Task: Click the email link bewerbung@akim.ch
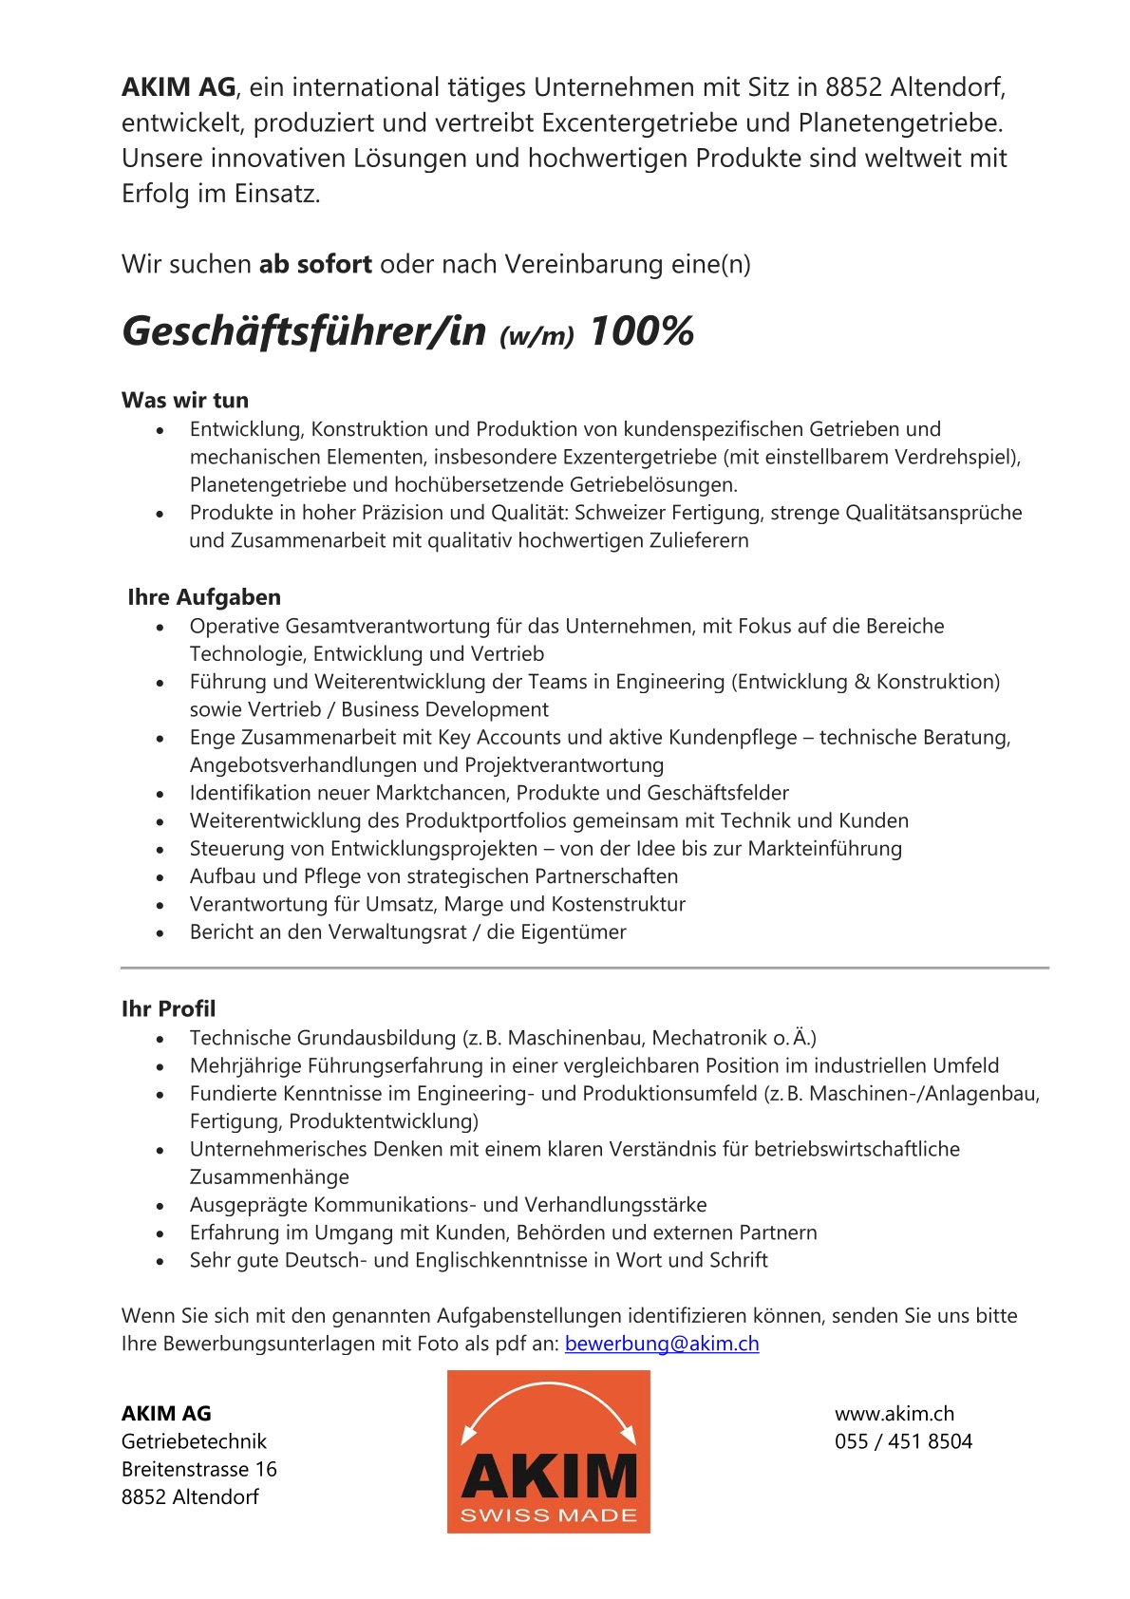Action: click(x=662, y=1344)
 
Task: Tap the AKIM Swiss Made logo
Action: click(x=549, y=1451)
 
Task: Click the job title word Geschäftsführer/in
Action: click(x=304, y=331)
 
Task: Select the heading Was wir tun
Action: click(x=185, y=400)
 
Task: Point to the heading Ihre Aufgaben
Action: click(x=204, y=597)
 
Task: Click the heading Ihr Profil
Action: click(x=168, y=1008)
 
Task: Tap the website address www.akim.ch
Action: click(x=895, y=1414)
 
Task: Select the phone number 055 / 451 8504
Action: click(x=903, y=1441)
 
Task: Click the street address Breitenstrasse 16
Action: click(x=199, y=1469)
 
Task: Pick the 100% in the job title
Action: click(x=642, y=331)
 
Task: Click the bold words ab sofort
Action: click(x=315, y=264)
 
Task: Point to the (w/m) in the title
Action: click(x=537, y=335)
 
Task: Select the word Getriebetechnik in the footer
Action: click(x=194, y=1441)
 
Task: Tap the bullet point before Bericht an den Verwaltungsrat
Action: click(x=160, y=933)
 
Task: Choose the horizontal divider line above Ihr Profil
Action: click(x=584, y=968)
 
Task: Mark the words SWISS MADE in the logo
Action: click(x=549, y=1515)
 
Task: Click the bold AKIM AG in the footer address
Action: click(x=166, y=1414)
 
